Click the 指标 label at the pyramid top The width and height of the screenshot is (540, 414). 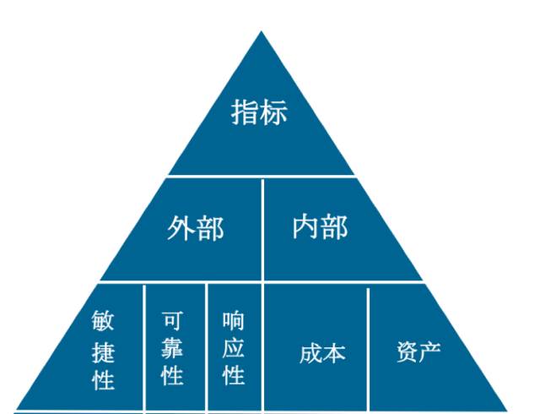point(259,112)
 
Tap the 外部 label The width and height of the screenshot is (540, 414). point(195,228)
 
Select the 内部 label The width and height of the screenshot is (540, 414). point(320,226)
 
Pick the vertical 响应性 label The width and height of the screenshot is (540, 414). point(234,347)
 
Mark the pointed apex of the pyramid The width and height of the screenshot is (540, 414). point(261,34)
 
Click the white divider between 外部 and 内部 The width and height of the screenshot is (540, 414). point(262,228)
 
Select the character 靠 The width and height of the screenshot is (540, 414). point(172,348)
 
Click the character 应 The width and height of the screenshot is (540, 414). point(234,348)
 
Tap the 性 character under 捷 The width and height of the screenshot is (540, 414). point(104,379)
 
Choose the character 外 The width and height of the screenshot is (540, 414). point(181,228)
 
